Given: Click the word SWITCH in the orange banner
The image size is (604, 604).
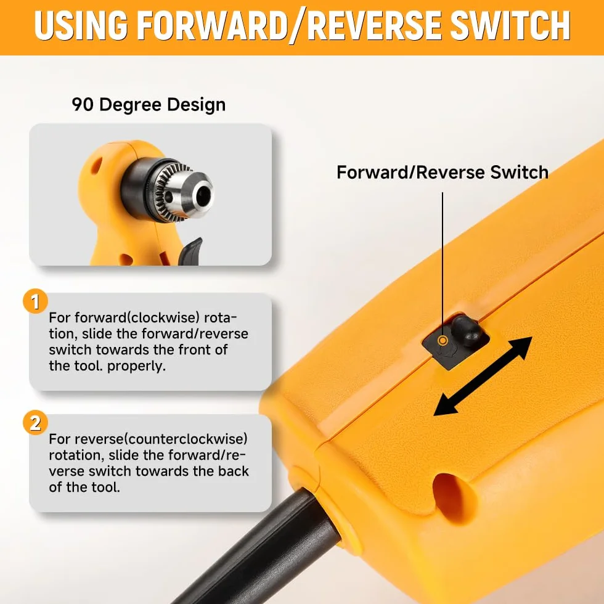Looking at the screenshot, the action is coord(510,25).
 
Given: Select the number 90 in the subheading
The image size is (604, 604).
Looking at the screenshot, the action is coord(83,104).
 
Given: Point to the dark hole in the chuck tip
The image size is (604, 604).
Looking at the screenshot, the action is coord(203,196).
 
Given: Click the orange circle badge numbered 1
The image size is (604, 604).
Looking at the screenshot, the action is coord(35,301).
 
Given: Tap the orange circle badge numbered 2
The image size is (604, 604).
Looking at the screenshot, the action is coord(35,423).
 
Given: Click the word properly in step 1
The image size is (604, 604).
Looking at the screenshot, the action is coord(136,366).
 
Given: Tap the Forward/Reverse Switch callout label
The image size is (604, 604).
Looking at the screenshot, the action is coord(443,172).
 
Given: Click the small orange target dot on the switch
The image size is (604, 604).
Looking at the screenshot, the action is coord(443,340).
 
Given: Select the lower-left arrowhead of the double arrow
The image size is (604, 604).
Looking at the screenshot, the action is coord(446,405).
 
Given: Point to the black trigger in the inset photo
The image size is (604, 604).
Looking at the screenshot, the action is coord(190,252).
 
